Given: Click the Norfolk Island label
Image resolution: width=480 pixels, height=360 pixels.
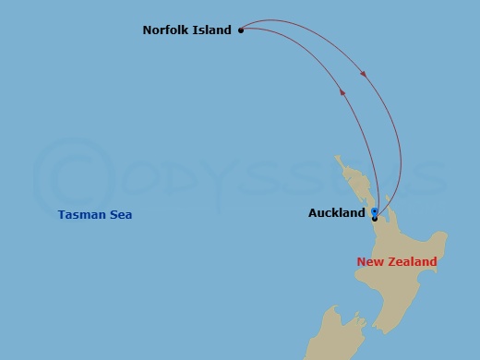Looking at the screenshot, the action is (x=186, y=30).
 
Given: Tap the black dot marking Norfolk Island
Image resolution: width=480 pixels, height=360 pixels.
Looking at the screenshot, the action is (x=241, y=30).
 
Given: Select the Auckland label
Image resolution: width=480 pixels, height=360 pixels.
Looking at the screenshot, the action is (x=336, y=213).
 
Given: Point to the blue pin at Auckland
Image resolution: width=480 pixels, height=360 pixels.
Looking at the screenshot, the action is (x=374, y=211).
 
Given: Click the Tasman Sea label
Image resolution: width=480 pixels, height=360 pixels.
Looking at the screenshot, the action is (x=94, y=215).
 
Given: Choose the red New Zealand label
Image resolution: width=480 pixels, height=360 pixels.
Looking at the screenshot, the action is (x=397, y=262).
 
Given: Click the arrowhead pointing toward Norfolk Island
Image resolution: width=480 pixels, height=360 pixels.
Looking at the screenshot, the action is (x=343, y=91).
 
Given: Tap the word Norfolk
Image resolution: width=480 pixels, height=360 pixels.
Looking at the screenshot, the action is (x=166, y=30).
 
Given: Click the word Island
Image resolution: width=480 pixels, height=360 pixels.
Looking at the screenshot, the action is (x=211, y=30).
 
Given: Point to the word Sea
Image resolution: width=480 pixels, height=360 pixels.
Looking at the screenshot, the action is (x=121, y=215).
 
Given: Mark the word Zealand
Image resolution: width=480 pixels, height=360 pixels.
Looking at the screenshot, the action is (x=413, y=262).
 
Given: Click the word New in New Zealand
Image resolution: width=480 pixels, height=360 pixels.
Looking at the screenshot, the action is (x=370, y=262).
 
